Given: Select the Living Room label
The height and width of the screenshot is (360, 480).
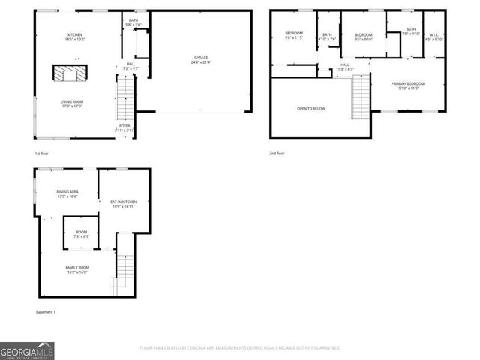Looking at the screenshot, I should (72, 103).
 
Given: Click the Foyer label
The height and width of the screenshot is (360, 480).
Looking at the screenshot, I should (124, 127).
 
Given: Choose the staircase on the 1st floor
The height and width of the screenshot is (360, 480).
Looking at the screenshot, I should (124, 101).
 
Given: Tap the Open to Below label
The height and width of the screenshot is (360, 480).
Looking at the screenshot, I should (311, 109).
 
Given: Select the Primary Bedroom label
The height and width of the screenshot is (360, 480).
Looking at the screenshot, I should (407, 85).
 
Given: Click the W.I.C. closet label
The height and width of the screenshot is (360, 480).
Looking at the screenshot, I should (433, 37).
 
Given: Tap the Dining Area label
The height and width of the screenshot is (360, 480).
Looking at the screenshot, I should (67, 194).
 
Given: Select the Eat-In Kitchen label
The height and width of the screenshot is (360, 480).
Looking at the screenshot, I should (123, 204).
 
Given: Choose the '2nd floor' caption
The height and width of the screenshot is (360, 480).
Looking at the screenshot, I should (277, 154).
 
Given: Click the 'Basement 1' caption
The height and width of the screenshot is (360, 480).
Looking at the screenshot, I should (46, 312).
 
